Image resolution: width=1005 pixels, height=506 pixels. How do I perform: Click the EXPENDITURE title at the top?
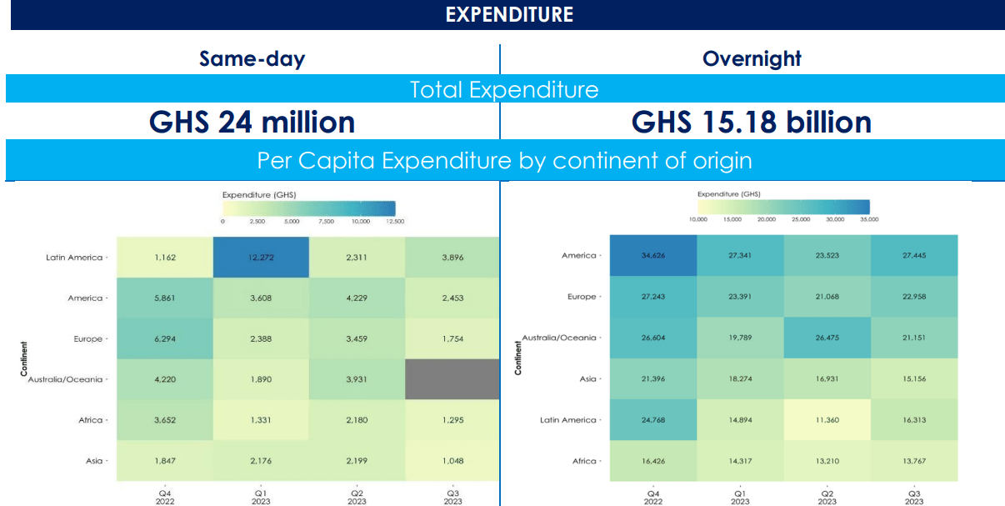point(509,14)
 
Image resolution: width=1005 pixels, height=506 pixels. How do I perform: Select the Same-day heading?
point(252,58)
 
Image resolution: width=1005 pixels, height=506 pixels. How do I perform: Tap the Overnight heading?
point(752,58)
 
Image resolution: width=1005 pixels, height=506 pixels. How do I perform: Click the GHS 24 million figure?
point(252,123)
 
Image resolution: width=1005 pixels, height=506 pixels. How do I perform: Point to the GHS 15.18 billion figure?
point(752,123)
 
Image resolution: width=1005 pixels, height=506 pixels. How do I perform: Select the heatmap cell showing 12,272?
point(260,258)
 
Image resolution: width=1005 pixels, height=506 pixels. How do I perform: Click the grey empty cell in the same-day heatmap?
point(452,379)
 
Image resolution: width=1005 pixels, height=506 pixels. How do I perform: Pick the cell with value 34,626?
point(652,255)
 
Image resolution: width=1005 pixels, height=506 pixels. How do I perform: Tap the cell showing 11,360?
point(827,419)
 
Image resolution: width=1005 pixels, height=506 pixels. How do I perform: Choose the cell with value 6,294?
point(164,338)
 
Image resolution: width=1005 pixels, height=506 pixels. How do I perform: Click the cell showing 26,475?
point(827,338)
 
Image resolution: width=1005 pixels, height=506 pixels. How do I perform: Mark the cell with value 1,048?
point(452,460)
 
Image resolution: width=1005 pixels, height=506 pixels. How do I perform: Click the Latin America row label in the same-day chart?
point(74,258)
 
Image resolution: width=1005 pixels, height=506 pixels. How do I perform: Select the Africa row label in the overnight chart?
point(584,461)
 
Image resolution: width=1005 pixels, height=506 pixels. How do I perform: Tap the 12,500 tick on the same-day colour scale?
point(395,222)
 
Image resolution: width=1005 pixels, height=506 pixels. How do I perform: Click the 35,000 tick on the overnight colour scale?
point(869,219)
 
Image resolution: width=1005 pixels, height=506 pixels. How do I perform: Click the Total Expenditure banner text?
point(503,89)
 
